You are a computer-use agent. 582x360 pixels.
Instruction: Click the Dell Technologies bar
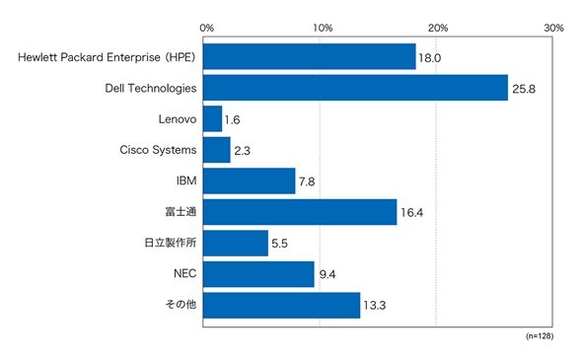(355, 88)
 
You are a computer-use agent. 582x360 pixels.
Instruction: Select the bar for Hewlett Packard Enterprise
(310, 56)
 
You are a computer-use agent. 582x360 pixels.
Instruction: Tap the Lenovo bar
(213, 118)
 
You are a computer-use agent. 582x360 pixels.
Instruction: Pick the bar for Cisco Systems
(217, 150)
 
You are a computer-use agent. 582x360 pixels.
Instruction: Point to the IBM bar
(249, 180)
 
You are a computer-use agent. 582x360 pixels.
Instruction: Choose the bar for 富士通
(300, 212)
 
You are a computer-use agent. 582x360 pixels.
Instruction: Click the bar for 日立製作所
(236, 243)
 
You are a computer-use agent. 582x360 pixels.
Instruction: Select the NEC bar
(258, 274)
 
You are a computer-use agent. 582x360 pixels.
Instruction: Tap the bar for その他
(282, 306)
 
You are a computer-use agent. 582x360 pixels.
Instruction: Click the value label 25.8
(524, 89)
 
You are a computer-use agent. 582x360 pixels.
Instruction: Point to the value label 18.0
(430, 58)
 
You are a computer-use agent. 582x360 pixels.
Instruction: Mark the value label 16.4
(411, 213)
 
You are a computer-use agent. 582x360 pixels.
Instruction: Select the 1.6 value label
(233, 120)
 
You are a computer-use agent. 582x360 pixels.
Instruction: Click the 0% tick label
(207, 28)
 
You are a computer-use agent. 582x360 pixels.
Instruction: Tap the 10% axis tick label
(323, 28)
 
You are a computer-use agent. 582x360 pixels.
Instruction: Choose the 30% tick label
(553, 28)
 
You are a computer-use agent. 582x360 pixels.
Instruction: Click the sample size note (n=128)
(540, 336)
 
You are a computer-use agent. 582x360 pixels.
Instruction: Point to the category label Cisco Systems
(158, 150)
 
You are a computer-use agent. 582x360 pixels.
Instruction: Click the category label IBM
(186, 180)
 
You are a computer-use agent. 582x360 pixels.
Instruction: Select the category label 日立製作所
(170, 243)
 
